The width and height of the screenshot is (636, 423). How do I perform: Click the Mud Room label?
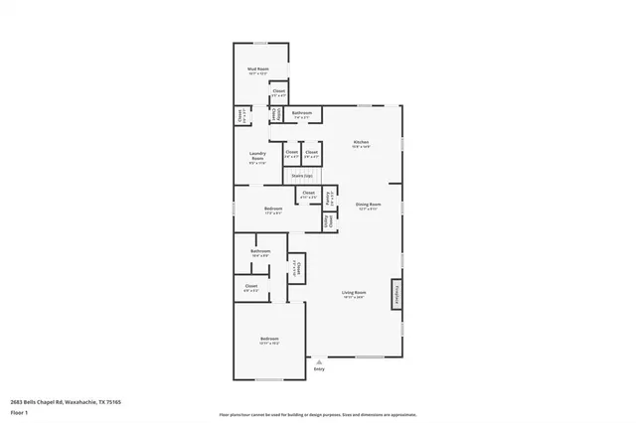tap(257, 70)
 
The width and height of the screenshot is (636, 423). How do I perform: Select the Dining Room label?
tap(368, 207)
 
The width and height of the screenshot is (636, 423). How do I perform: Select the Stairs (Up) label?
tap(302, 176)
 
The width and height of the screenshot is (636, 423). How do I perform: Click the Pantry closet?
tap(329, 197)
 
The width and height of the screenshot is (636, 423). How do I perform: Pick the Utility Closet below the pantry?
tap(329, 220)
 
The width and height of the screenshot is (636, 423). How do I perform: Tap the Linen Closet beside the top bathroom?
tap(275, 114)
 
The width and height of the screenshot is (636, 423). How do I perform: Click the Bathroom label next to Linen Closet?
tap(302, 114)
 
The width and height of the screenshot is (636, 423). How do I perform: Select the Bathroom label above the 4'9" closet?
tap(260, 252)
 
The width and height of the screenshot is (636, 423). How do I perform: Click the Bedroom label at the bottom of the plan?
tap(269, 341)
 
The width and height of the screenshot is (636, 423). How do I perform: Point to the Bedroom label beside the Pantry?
tap(273, 210)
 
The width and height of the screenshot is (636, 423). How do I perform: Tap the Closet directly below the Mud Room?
tap(279, 92)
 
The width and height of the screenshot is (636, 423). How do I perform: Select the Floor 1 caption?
tap(19, 411)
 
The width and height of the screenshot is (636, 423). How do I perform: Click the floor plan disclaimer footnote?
tap(319, 414)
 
